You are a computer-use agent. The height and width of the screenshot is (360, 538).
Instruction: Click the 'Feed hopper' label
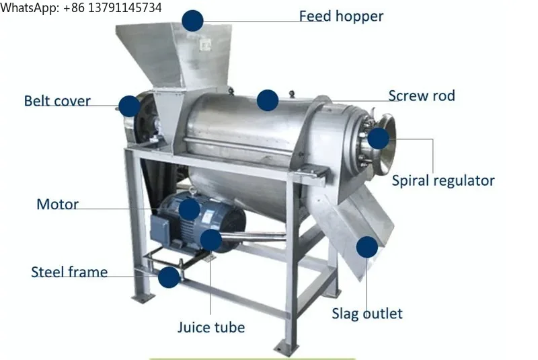[341, 16]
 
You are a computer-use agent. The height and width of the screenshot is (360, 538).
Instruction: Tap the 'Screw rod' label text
[422, 96]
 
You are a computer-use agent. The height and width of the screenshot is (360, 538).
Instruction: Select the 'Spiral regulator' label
[443, 181]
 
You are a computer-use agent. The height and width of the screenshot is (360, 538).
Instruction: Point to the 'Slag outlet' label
[367, 314]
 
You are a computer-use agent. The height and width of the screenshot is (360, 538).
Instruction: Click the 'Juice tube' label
[211, 327]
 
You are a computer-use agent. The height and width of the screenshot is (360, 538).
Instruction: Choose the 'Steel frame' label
[69, 272]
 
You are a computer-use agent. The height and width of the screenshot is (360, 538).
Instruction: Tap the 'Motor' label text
[58, 204]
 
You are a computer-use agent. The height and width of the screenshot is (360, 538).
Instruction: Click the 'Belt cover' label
[57, 101]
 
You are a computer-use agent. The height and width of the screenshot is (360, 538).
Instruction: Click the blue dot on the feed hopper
[192, 21]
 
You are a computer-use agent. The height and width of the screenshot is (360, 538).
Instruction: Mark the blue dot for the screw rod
[267, 100]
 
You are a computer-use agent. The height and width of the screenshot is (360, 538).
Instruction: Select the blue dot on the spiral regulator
[378, 139]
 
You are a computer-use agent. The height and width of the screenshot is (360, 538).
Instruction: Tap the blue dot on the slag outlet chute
[367, 247]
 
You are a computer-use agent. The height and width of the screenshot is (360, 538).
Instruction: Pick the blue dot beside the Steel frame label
[169, 277]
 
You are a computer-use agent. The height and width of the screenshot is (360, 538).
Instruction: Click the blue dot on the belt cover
[129, 106]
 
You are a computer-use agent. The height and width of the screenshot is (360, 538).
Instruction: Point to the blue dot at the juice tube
[210, 240]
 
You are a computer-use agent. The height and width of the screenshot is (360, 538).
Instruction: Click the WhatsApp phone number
[112, 7]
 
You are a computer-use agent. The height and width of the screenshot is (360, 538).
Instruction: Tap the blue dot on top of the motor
[189, 209]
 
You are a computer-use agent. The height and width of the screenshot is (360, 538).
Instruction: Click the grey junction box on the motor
[159, 228]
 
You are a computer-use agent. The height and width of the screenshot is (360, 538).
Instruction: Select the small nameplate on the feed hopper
[205, 44]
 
